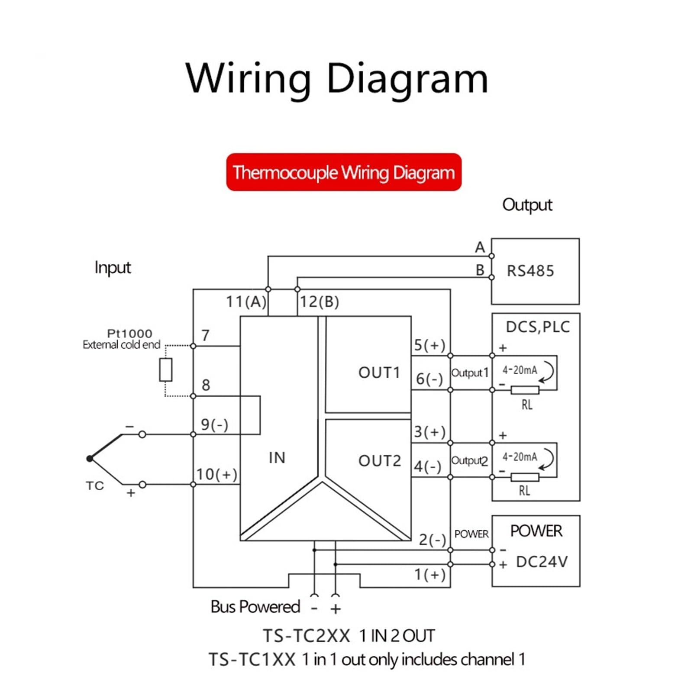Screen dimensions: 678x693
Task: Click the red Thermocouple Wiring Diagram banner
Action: (344, 172)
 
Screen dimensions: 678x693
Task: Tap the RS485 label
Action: (530, 271)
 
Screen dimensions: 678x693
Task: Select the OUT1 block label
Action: (379, 372)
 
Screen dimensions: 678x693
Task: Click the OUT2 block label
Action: (380, 461)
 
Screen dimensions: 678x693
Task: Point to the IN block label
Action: (277, 458)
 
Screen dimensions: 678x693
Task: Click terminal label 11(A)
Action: (246, 301)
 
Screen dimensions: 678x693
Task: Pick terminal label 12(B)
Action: (320, 301)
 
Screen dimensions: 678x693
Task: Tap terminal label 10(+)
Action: (216, 474)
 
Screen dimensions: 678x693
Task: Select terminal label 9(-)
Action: (214, 424)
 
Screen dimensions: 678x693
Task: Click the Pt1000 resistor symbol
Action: (166, 369)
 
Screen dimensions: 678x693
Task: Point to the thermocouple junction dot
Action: (90, 459)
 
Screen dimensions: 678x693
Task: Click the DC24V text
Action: (542, 562)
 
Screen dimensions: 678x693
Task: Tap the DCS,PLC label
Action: (538, 327)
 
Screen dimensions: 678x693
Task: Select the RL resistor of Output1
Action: (525, 390)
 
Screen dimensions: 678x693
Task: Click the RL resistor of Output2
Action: (525, 477)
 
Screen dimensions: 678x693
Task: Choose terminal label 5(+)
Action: (429, 345)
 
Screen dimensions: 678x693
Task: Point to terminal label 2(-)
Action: (432, 540)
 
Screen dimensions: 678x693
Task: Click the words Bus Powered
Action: (255, 607)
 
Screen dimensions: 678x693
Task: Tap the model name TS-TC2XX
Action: (307, 636)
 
